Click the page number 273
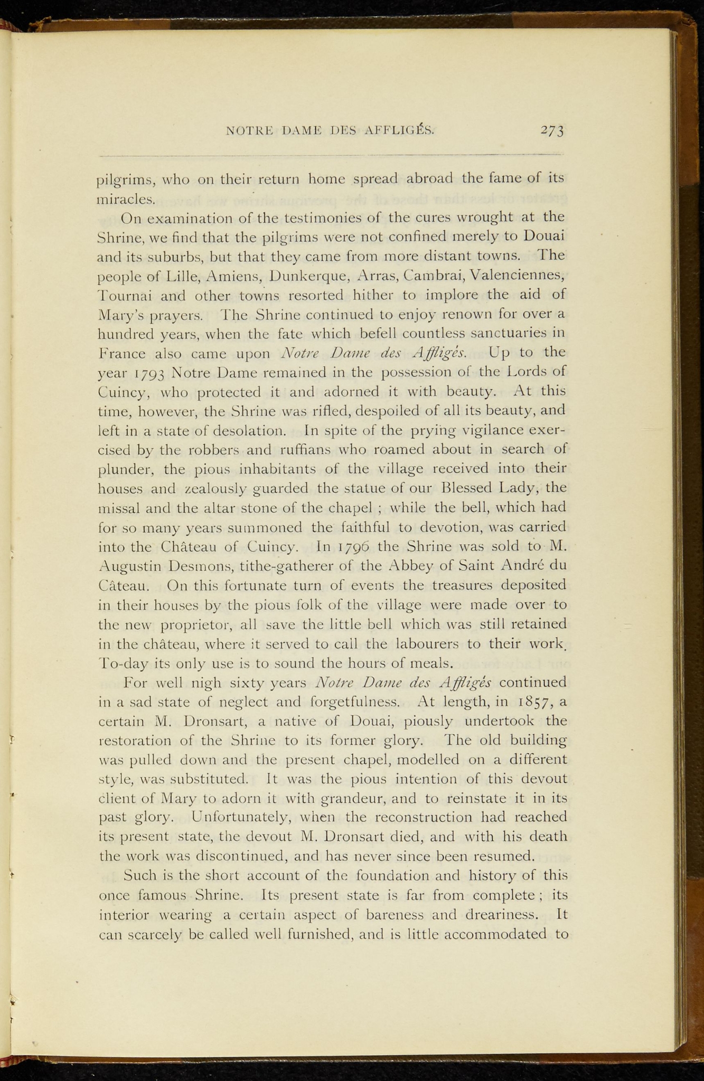(552, 130)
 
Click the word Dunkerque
(307, 276)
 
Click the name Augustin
(129, 567)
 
